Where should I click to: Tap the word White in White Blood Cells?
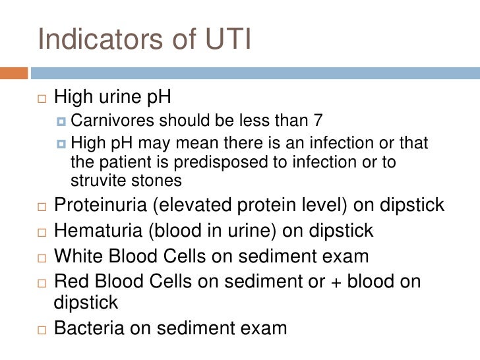coord(76,255)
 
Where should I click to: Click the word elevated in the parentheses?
coord(193,205)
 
